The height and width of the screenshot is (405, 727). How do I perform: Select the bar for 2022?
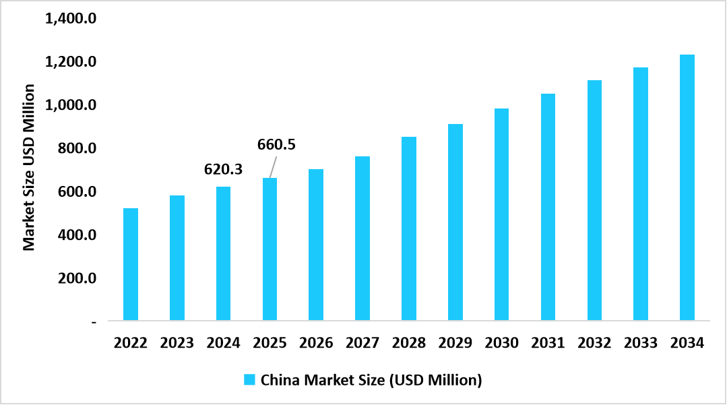131,264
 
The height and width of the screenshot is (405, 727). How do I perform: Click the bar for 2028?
409,228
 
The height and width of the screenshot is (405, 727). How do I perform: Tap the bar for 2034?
687,187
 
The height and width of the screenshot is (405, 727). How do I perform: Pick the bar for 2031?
548,207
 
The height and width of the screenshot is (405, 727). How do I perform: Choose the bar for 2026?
316,245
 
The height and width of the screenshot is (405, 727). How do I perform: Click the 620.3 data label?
223,169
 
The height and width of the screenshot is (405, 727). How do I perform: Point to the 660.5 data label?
277,144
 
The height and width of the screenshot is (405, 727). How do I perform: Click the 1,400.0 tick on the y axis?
71,19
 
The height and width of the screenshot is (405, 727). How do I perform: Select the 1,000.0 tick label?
71,105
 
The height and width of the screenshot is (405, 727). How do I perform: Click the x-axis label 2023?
177,343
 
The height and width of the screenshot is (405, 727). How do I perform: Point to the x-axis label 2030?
501,343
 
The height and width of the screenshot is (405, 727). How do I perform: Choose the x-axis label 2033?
640,343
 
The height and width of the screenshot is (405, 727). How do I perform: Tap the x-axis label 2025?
270,343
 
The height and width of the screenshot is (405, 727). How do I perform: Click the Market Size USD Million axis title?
29,167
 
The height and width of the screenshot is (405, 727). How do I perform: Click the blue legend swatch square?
249,379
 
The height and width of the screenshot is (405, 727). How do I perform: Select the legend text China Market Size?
371,379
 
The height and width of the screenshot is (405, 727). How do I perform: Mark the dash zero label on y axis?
94,322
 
